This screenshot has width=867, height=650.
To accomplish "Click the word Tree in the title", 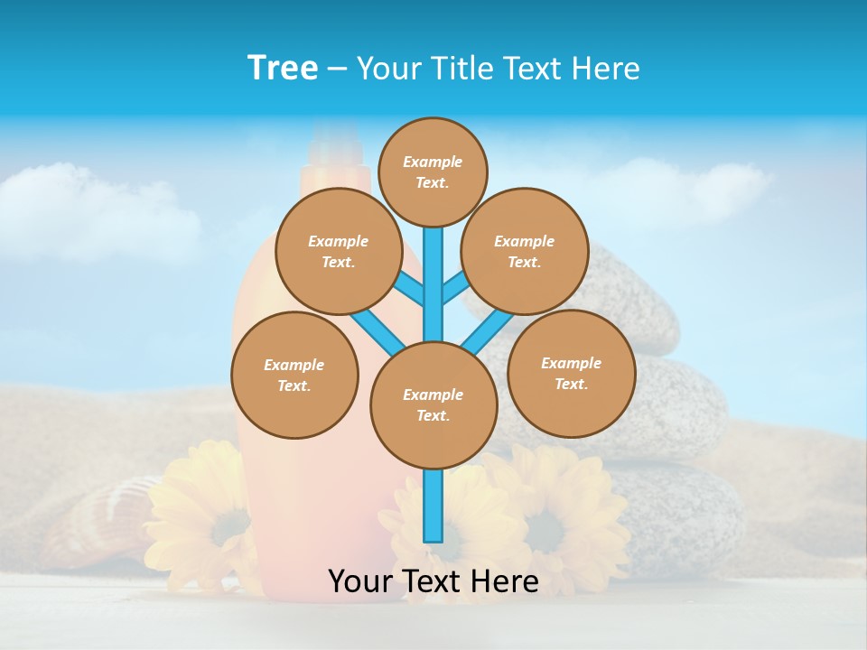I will pyautogui.click(x=283, y=68).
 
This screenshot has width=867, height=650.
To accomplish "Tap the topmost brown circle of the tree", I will pyautogui.click(x=433, y=172).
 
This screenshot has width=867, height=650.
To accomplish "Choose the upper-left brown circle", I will pyautogui.click(x=339, y=251).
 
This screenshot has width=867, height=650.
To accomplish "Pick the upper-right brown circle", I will pyautogui.click(x=525, y=251).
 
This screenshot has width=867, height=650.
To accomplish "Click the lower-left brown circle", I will pyautogui.click(x=294, y=375).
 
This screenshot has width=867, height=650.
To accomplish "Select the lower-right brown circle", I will pyautogui.click(x=571, y=373).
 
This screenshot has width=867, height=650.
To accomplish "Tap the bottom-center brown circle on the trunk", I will pyautogui.click(x=433, y=404).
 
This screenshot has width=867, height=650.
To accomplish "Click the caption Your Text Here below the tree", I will pyautogui.click(x=433, y=581).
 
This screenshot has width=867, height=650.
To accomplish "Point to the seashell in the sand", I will pyautogui.click(x=99, y=524).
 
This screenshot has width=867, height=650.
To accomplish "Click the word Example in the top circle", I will pyautogui.click(x=433, y=162).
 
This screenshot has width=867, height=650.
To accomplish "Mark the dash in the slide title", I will pyautogui.click(x=337, y=69).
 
